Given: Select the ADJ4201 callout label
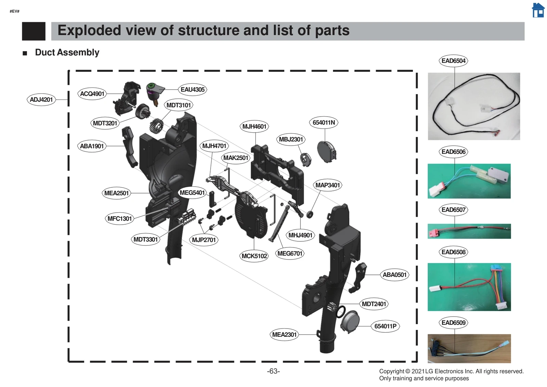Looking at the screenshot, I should [41, 99].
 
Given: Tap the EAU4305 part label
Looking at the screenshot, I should [192, 90].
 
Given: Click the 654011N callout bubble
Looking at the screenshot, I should [324, 122].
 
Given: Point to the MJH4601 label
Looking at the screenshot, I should [254, 126].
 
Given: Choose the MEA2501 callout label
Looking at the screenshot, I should [116, 193].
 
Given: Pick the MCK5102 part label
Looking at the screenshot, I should [254, 256].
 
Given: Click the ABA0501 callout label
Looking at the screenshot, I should [394, 275].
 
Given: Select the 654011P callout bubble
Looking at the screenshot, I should [385, 326].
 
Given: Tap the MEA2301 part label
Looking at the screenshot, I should [284, 335].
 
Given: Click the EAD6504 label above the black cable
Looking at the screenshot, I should [453, 61].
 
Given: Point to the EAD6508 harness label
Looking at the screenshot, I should [453, 252].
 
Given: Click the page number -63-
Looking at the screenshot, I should [273, 371].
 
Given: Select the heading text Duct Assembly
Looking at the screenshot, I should [67, 52].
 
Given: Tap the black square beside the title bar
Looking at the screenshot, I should [34, 31].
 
